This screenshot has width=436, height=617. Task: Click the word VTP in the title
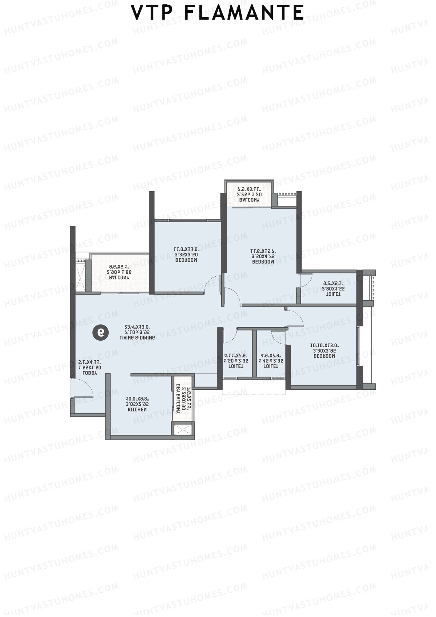pyautogui.click(x=152, y=13)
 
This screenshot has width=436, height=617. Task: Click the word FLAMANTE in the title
pyautogui.click(x=244, y=13)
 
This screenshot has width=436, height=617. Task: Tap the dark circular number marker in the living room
pyautogui.click(x=101, y=332)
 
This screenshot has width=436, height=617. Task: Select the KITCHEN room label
pyautogui.click(x=137, y=409)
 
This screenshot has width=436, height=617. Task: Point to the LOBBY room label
pyautogui.click(x=90, y=373)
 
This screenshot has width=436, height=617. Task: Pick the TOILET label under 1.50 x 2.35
pyautogui.click(x=236, y=366)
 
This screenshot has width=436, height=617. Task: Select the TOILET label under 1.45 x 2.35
pyautogui.click(x=271, y=366)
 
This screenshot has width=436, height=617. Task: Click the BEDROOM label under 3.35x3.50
pyautogui.click(x=186, y=260)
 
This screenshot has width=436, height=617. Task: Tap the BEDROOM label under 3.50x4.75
pyautogui.click(x=263, y=262)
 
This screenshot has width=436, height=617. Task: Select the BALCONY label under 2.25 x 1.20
pyautogui.click(x=249, y=200)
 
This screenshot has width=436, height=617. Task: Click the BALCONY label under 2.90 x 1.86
pyautogui.click(x=119, y=277)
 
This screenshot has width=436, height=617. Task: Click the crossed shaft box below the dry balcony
pyautogui.click(x=183, y=429)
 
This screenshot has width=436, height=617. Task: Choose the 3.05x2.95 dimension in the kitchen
pyautogui.click(x=137, y=404)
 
